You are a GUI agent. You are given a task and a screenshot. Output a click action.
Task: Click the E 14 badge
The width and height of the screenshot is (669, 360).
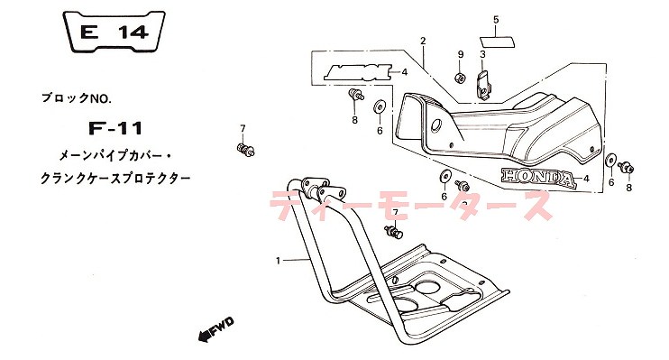[x=115, y=33]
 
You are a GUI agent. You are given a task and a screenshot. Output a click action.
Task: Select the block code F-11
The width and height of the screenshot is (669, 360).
[x=116, y=127]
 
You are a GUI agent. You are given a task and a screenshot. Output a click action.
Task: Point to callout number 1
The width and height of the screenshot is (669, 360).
[x=280, y=260]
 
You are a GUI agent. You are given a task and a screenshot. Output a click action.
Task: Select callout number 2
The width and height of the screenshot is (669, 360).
[x=422, y=41]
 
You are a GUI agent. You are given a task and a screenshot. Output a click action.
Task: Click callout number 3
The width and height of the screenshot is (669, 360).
[x=482, y=54]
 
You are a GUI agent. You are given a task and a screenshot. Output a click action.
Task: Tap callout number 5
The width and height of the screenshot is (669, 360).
[x=495, y=19]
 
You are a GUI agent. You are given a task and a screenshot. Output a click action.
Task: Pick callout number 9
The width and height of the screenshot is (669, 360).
[x=459, y=55]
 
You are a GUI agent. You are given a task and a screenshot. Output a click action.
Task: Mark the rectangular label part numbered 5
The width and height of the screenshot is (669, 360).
[x=495, y=40]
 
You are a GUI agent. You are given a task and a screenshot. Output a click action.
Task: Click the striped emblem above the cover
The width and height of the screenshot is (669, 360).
[x=359, y=71]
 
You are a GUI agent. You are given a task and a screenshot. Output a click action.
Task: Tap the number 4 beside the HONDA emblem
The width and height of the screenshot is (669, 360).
[x=586, y=179]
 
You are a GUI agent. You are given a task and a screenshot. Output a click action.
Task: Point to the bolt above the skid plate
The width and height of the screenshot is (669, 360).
[x=394, y=234]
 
